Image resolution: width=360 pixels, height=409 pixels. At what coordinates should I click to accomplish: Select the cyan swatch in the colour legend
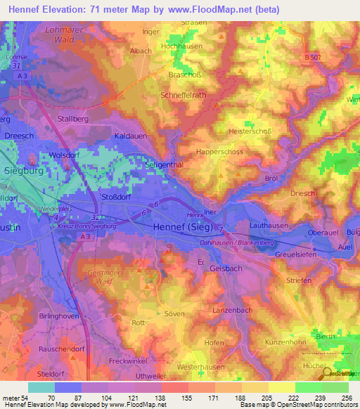click(41, 387)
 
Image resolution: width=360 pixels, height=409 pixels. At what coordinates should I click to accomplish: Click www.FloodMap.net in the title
click(214, 10)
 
